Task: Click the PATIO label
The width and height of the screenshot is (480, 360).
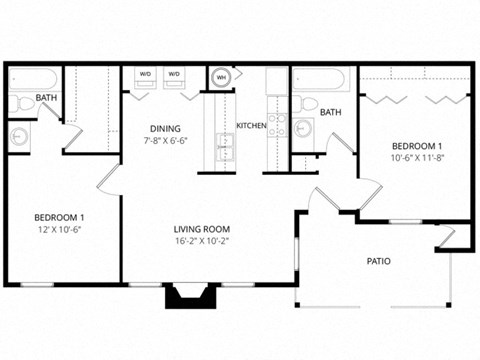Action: coord(377,262)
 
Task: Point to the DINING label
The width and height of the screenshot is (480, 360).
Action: coord(165,128)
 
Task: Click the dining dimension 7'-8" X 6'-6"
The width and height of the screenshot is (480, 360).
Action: coord(165,141)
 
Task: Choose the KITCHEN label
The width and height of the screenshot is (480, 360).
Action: coord(250,125)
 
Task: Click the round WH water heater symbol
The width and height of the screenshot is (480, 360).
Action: coord(221,77)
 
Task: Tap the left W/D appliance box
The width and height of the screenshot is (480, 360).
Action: coord(145,78)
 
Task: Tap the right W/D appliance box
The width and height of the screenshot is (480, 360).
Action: coord(174,78)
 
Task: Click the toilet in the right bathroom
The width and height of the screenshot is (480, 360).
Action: coord(308,103)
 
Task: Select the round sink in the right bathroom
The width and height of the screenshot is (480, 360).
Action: coord(305,128)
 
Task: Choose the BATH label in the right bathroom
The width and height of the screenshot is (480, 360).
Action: coord(332,113)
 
